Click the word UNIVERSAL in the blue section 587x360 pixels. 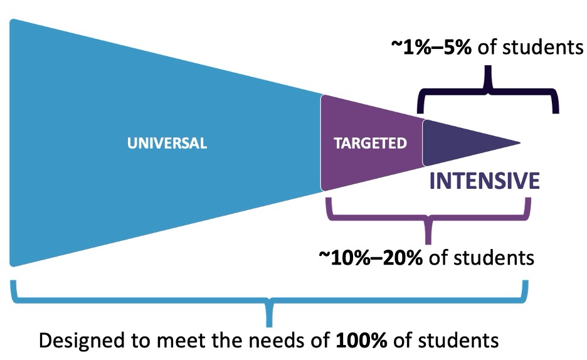167,143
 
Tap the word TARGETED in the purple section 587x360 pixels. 369,143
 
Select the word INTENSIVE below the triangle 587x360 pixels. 484,181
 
